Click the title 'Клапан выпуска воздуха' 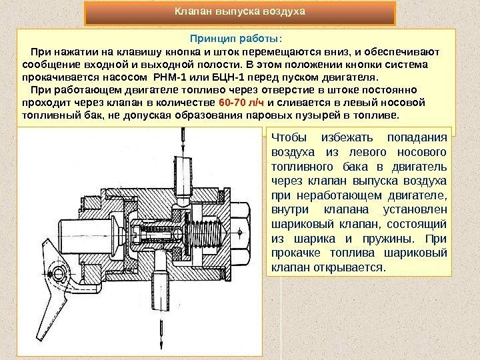[239, 12]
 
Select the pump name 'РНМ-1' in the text [172, 77]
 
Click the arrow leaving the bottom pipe [160, 330]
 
